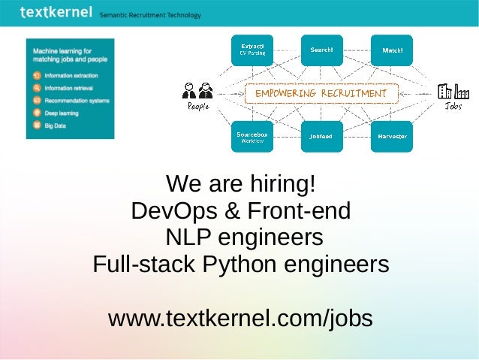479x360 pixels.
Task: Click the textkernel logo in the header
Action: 56,12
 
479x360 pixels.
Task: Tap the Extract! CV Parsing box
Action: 252,50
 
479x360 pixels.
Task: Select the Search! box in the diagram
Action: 322,50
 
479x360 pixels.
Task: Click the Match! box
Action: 392,50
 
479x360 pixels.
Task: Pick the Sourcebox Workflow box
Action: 252,137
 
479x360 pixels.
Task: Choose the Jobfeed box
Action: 322,137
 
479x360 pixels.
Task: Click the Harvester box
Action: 392,137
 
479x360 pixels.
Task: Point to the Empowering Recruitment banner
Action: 321,94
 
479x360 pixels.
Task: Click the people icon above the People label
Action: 197,90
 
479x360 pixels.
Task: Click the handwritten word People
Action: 198,107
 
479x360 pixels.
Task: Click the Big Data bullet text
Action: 56,126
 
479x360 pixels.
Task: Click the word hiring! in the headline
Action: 280,184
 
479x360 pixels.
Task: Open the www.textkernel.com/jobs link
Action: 240,318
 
